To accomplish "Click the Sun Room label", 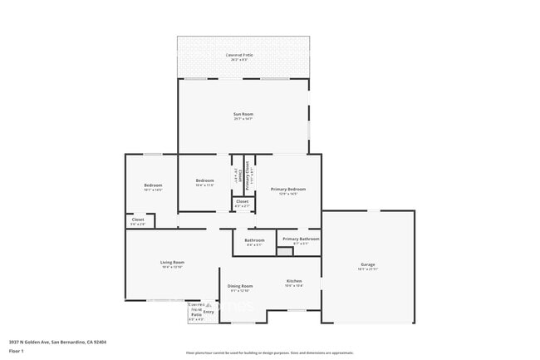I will pos(243,113).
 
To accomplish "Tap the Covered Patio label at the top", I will pos(241,55).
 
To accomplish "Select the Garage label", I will pos(367,264).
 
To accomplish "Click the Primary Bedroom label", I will pos(288,190).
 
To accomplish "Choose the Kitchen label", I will pos(294,280).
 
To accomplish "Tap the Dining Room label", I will pos(241,285).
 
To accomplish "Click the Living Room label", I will pos(172,262).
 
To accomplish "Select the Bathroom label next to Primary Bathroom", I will pos(254,240).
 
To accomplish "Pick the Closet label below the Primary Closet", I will pos(242,201).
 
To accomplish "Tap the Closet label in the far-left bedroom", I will pos(138,219).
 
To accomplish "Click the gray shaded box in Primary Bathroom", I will pos(285,251).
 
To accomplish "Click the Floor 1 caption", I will pos(16,351).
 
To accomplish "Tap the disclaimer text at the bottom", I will pos(269,353).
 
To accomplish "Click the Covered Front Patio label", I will pos(196,310).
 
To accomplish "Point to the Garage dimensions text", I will pos(367,269).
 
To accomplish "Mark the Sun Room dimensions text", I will pos(243,119).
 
